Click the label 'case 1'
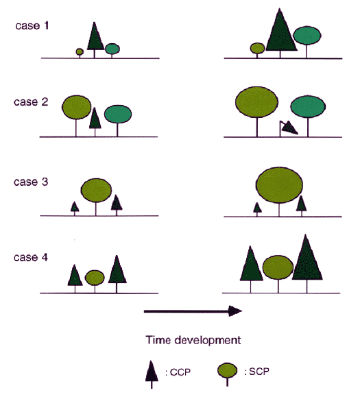(32, 25)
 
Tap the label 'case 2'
(31, 101)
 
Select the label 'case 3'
(31, 182)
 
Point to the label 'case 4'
(31, 257)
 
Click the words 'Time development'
(193, 340)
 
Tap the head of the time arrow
(235, 311)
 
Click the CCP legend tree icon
(152, 374)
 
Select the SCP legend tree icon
(227, 374)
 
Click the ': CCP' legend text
(178, 372)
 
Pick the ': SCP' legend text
(256, 372)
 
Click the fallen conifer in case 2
(288, 128)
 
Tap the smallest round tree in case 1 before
(80, 53)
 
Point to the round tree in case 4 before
(95, 280)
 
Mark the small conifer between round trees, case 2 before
(95, 121)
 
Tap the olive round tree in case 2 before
(76, 114)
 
